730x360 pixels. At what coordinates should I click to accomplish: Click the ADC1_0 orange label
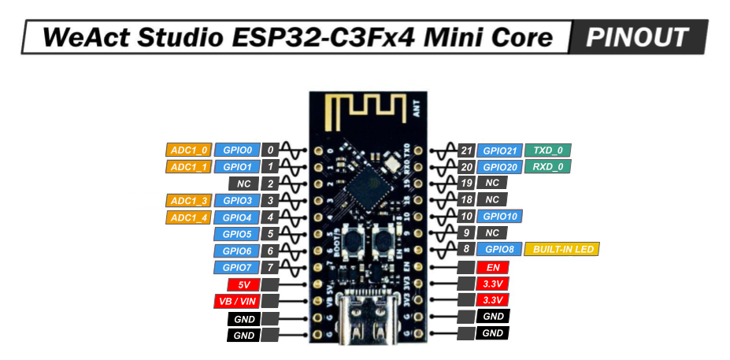pos(189,150)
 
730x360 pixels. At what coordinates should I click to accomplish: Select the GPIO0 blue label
pos(237,150)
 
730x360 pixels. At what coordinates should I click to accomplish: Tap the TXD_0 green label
pos(548,150)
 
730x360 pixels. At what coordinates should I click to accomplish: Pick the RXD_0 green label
pos(548,167)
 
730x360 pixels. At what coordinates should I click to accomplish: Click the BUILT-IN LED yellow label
pos(561,249)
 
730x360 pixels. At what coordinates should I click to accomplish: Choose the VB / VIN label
pos(236,302)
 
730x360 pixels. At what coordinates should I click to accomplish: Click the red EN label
pos(492,267)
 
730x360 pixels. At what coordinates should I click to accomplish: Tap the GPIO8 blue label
pos(499,249)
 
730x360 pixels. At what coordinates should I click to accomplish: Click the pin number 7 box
pos(270,268)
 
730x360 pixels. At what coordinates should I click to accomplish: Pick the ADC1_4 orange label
pos(189,217)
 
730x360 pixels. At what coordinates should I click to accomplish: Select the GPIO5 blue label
pos(237,234)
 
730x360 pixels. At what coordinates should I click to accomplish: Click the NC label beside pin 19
pos(492,183)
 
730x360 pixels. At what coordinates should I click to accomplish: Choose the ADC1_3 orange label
pos(189,200)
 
